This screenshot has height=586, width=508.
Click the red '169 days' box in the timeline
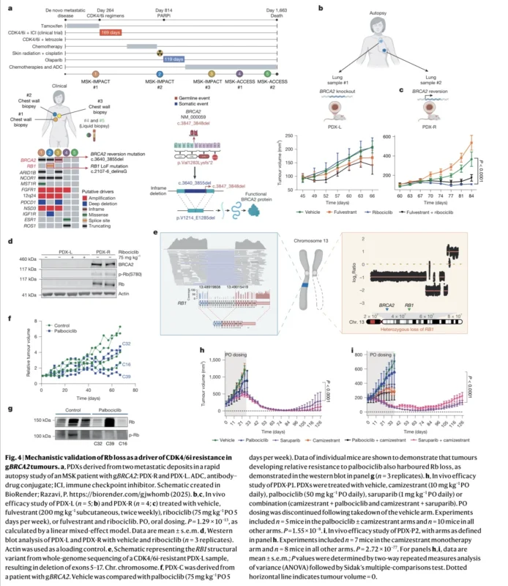tap(111, 33)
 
